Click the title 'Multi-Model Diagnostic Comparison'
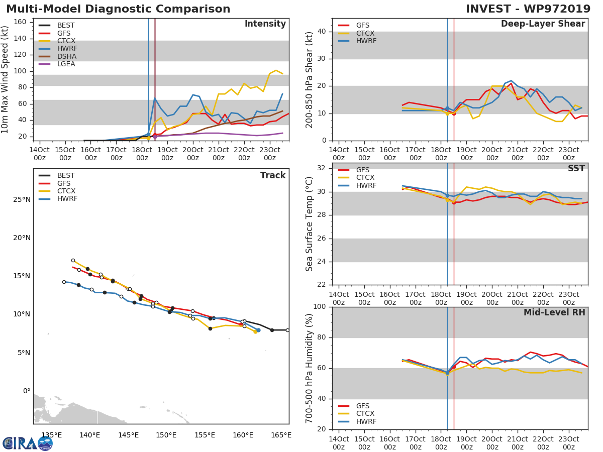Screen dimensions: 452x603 point(118,9)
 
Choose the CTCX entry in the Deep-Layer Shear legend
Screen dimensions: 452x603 point(365,33)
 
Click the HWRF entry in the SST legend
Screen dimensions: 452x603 point(366,185)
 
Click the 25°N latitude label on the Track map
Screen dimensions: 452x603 point(22,199)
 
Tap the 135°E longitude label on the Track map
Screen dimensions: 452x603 point(52,435)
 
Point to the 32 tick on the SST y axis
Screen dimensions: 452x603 point(323,168)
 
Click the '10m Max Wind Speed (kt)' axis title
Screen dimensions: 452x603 point(6,80)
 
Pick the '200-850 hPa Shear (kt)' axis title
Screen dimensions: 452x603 point(310,79)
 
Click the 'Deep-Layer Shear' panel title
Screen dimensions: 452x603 point(543,24)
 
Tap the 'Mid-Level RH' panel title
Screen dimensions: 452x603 point(554,312)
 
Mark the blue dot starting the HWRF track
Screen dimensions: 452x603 point(258,330)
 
